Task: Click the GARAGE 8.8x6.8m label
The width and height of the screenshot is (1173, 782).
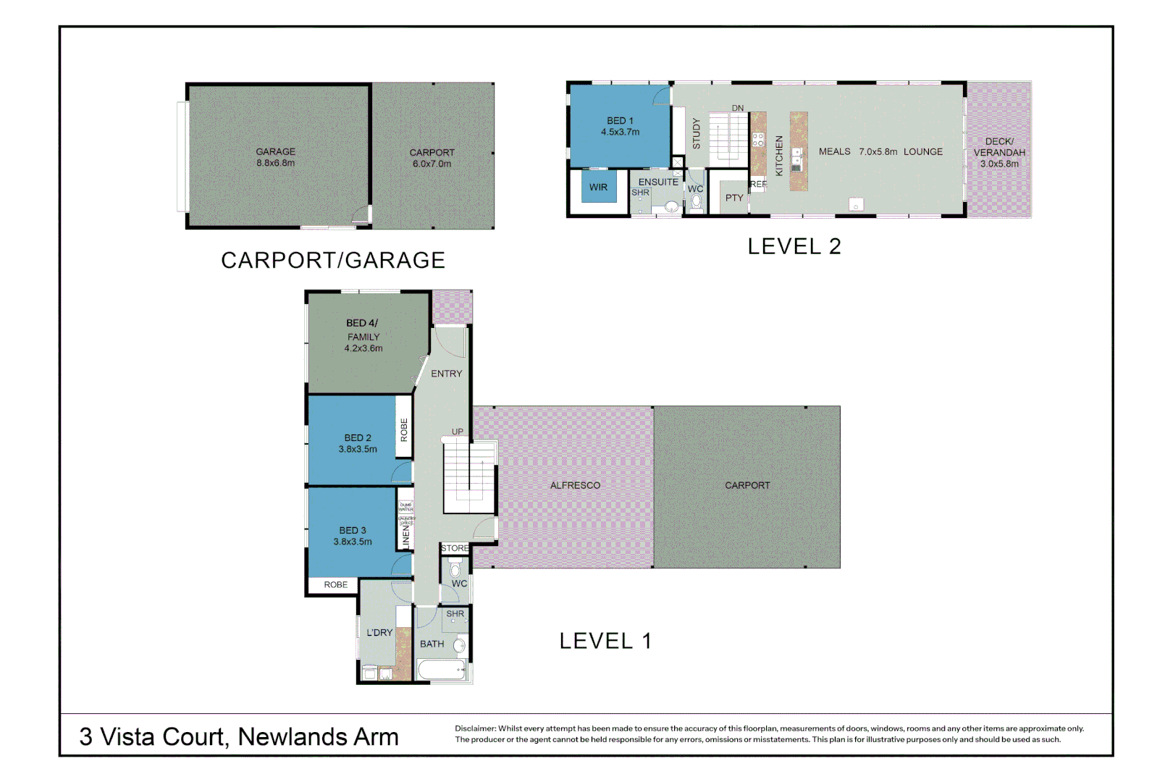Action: pyautogui.click(x=275, y=157)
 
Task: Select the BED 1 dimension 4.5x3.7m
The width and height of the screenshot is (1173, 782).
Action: pyautogui.click(x=620, y=133)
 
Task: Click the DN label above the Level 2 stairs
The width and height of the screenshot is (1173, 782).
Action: pyautogui.click(x=737, y=109)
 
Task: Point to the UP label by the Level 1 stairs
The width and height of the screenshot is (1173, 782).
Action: pyautogui.click(x=458, y=432)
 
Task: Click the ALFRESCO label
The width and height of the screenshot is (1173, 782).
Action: pyautogui.click(x=575, y=485)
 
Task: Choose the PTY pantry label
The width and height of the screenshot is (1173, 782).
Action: pyautogui.click(x=734, y=198)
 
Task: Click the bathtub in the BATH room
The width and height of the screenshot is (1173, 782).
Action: pyautogui.click(x=442, y=670)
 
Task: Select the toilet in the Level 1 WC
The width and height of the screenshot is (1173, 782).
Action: pyautogui.click(x=455, y=570)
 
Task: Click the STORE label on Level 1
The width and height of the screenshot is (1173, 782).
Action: pyautogui.click(x=455, y=548)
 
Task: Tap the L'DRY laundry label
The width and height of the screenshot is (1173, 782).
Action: pyautogui.click(x=379, y=632)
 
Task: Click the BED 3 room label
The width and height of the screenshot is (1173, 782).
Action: pyautogui.click(x=353, y=530)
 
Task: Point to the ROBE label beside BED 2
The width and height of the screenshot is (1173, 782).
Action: pyautogui.click(x=404, y=430)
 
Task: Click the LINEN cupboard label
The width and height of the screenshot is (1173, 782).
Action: pyautogui.click(x=406, y=537)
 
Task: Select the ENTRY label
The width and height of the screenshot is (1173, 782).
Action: pyautogui.click(x=446, y=374)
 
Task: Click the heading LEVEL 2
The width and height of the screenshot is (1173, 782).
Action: pyautogui.click(x=794, y=246)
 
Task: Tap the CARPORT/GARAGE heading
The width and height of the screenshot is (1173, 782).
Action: pyautogui.click(x=332, y=260)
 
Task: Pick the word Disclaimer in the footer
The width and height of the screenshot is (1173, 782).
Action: pyautogui.click(x=475, y=728)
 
